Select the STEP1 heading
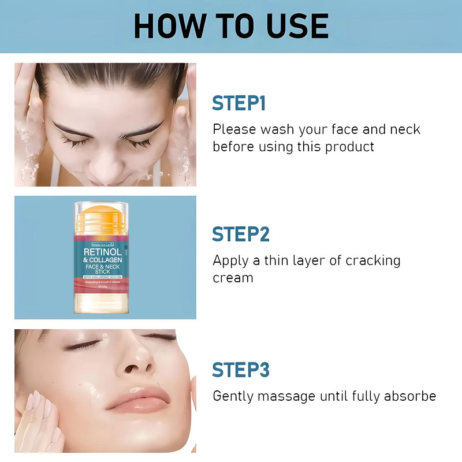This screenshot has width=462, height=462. (x=239, y=103)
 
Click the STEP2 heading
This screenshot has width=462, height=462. (x=241, y=234)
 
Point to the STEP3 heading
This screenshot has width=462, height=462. (x=241, y=370)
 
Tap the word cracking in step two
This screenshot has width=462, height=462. (x=372, y=260)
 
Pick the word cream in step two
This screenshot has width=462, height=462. (x=233, y=278)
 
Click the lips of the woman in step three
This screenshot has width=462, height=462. (x=136, y=398)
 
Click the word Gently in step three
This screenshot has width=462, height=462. (x=233, y=397)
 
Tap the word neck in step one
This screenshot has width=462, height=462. (x=404, y=129)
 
